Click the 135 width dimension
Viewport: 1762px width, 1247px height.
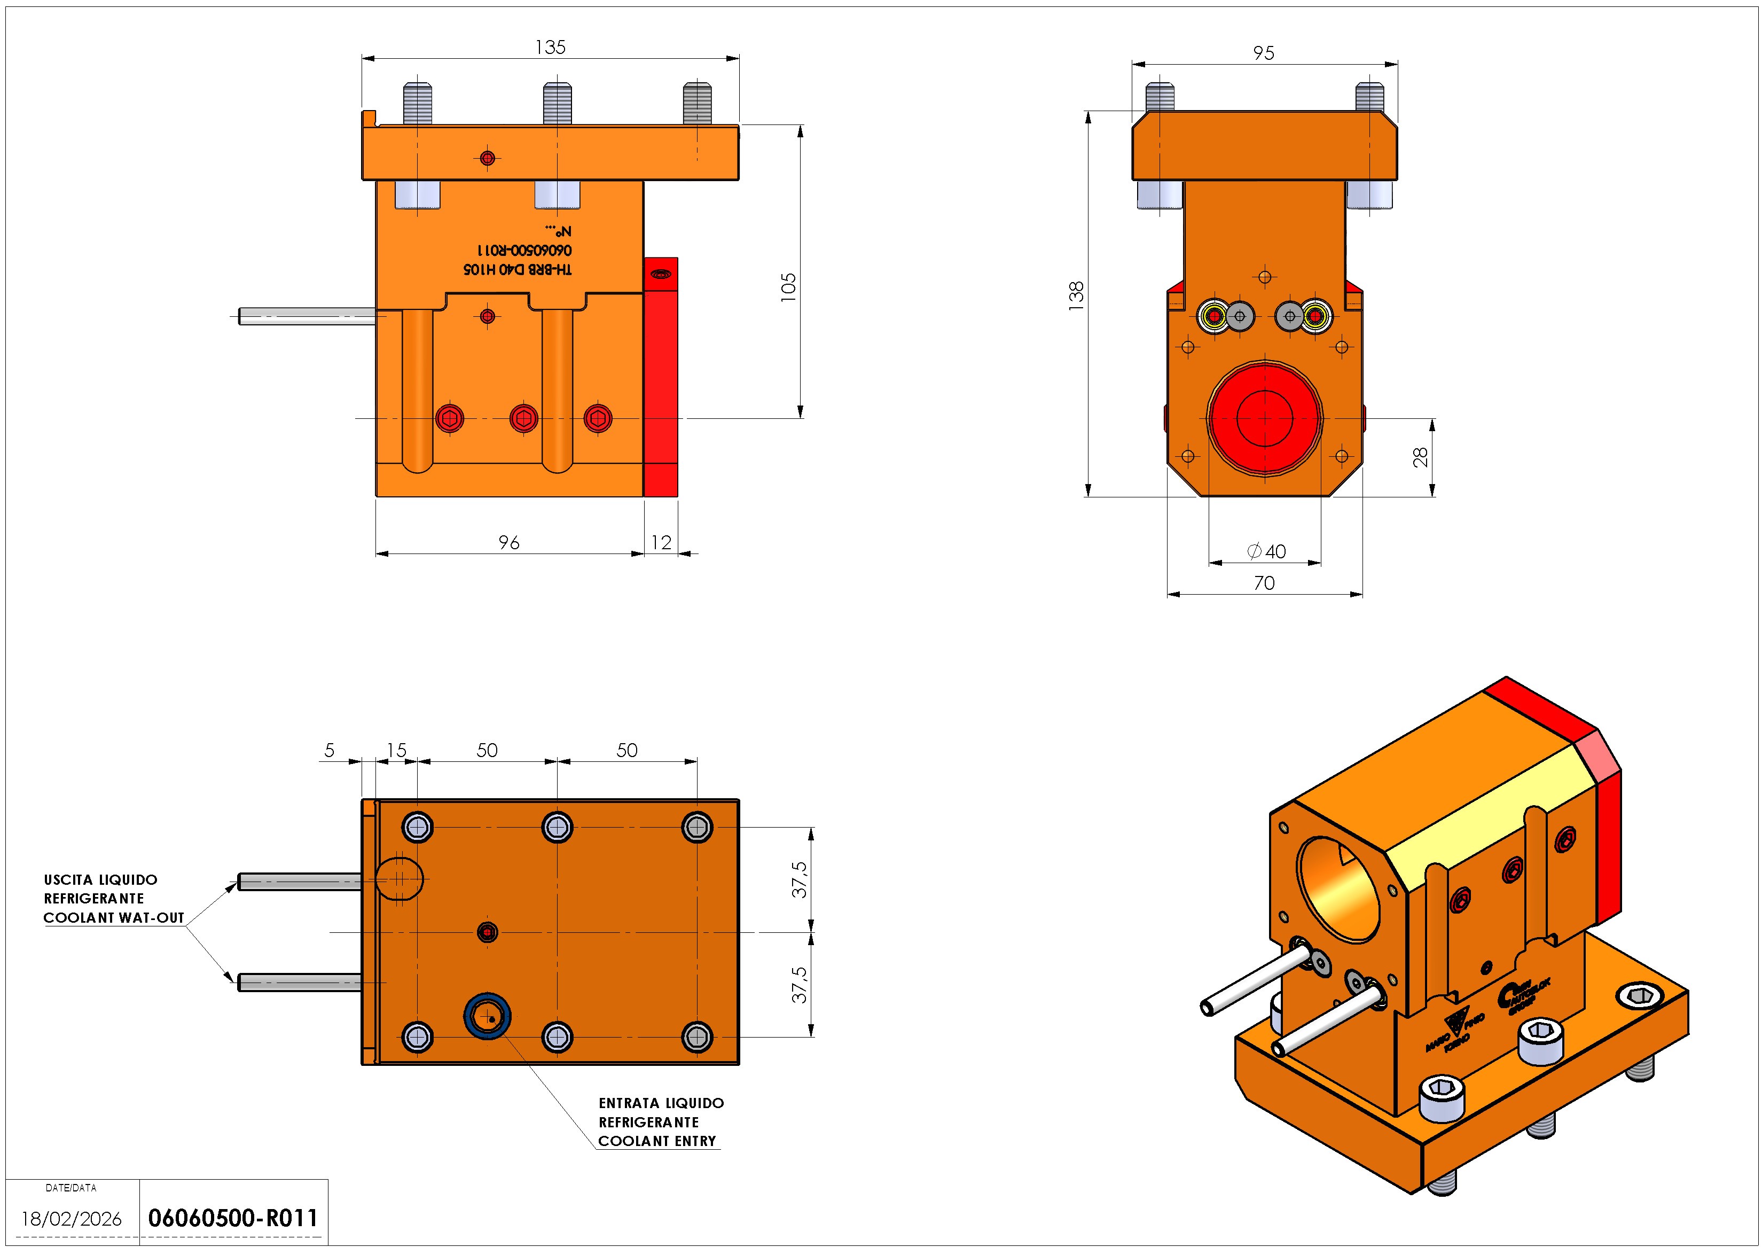tap(550, 48)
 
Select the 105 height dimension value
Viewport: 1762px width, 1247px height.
tap(788, 287)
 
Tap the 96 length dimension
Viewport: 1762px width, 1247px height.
tap(509, 543)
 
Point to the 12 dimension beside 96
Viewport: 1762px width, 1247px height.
tap(661, 543)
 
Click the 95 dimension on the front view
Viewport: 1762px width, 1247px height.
tap(1263, 53)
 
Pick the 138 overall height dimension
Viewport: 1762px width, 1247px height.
tap(1077, 295)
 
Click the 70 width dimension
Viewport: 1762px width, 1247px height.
tap(1264, 583)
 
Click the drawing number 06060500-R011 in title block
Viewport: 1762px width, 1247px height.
tap(232, 1218)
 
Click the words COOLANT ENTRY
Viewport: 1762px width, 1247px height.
tap(657, 1141)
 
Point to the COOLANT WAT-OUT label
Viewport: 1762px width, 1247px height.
tap(114, 917)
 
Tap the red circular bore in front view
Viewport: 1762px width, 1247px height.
tap(1265, 418)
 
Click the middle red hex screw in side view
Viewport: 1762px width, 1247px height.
tap(524, 418)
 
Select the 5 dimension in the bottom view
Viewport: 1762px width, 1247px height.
tap(329, 750)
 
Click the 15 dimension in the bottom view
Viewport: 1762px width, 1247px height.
tap(396, 750)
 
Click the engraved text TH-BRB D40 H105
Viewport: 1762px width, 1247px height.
tap(518, 269)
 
